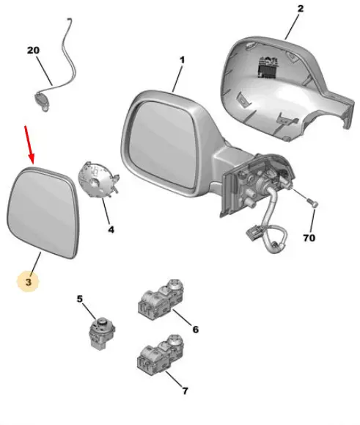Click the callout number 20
[x=33, y=51]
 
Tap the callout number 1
[x=182, y=60]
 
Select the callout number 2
[x=301, y=9]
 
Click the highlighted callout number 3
[x=29, y=282]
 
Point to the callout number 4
[x=111, y=230]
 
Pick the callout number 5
[x=79, y=299]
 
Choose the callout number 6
[x=196, y=330]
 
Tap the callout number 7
[x=185, y=391]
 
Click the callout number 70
[x=309, y=238]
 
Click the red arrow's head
[x=32, y=161]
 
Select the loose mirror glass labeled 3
[x=43, y=212]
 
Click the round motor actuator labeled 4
[x=98, y=180]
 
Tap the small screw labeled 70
[x=312, y=203]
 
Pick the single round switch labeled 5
[x=102, y=333]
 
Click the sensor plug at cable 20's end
[x=43, y=101]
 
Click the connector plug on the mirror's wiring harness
[x=253, y=233]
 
